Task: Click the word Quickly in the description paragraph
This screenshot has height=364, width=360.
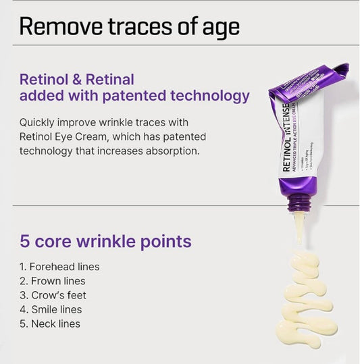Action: (x=40, y=122)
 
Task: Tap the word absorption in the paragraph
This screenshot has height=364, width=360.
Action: (x=172, y=151)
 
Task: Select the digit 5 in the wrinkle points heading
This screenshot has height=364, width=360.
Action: (x=24, y=241)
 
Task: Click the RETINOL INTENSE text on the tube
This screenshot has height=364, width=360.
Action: (x=287, y=138)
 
